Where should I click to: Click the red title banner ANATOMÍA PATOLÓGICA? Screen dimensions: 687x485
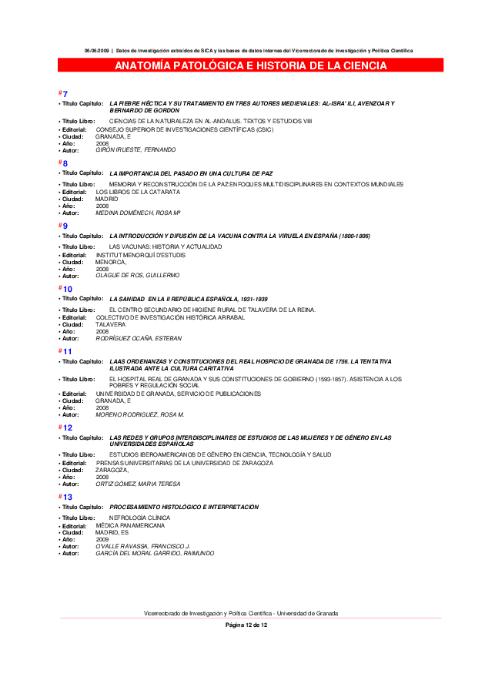click(x=251, y=66)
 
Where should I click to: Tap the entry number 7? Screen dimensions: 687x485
click(x=65, y=94)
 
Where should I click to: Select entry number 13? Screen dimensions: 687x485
click(x=68, y=498)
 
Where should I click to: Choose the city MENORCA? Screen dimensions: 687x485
click(x=111, y=262)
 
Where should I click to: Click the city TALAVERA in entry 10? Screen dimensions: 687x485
click(x=110, y=324)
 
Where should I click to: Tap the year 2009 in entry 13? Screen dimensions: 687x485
click(x=102, y=539)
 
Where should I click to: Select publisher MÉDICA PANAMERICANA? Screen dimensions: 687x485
click(x=130, y=525)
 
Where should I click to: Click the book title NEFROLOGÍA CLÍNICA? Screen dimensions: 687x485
click(x=139, y=518)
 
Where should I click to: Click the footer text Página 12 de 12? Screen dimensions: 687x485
click(x=246, y=625)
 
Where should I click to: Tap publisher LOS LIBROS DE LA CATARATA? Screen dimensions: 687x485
click(x=127, y=192)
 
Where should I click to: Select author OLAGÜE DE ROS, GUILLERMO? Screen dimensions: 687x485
click(x=137, y=275)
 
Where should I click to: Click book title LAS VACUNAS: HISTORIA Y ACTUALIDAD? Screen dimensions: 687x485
click(x=166, y=246)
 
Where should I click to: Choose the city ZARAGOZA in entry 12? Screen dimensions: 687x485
click(x=112, y=470)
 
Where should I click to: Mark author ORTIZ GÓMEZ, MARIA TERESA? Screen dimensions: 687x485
click(x=138, y=484)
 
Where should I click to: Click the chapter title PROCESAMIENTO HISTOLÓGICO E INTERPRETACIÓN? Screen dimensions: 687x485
click(x=184, y=507)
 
